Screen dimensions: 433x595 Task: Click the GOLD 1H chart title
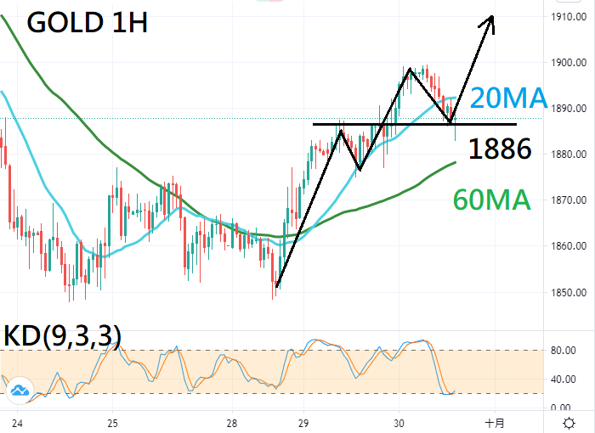coord(88,22)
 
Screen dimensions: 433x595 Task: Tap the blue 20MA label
coord(508,98)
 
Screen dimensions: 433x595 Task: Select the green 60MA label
coord(492,200)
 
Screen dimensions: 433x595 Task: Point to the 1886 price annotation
coord(500,149)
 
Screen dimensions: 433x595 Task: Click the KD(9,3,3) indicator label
coord(62,335)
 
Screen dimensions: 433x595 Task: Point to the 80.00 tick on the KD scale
coord(562,350)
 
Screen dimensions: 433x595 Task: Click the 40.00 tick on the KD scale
coord(562,379)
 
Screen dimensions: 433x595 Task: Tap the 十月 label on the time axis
coord(495,422)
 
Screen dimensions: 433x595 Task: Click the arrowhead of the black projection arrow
coord(490,20)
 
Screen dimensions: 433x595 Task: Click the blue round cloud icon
coord(19,391)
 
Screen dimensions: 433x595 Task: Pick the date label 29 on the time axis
coord(304,422)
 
